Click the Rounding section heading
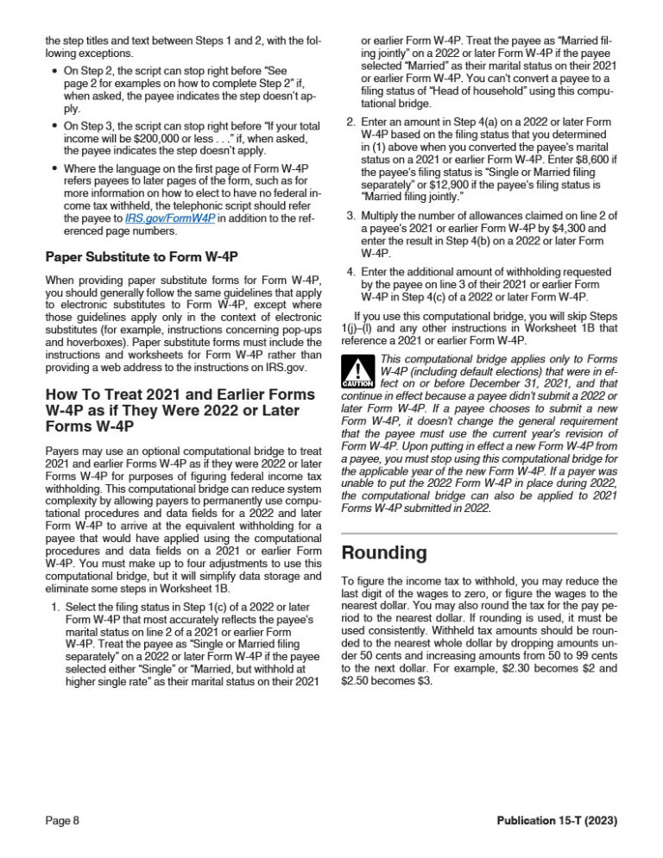point(384,552)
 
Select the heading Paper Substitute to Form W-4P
point(142,256)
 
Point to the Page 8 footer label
point(62,821)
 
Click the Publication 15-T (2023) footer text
point(557,821)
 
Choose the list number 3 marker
point(350,214)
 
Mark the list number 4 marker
point(350,272)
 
